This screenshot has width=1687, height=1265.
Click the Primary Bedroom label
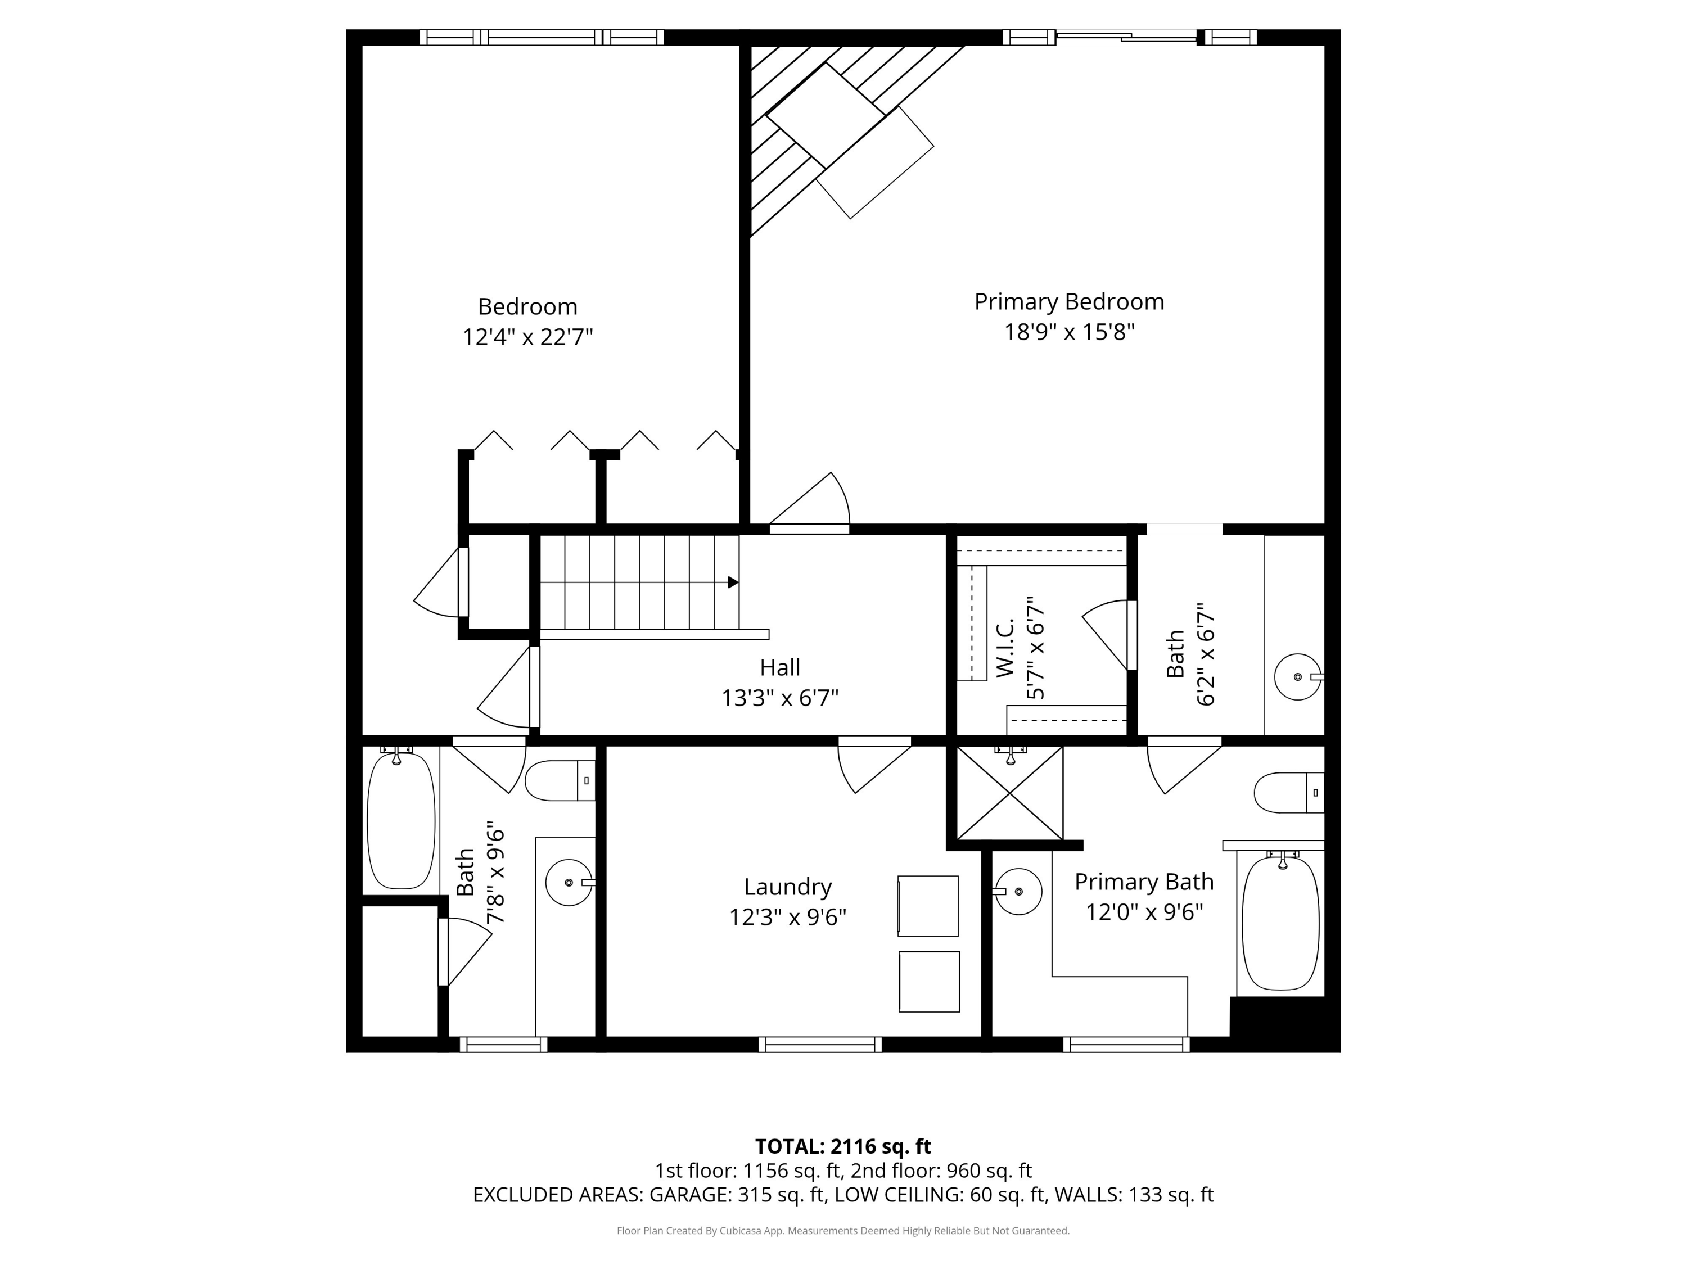pos(1068,302)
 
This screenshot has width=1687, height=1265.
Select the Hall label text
pos(779,668)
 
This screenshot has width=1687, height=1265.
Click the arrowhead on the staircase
pos(733,582)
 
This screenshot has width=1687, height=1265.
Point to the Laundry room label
pos(787,887)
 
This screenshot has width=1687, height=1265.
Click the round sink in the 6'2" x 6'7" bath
pos(1297,677)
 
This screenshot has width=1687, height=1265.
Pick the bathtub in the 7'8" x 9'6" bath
pos(401,821)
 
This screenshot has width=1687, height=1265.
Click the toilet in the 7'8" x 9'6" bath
pos(558,781)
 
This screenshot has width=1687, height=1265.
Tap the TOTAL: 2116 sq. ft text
pos(843,1146)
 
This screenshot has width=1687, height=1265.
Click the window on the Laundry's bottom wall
pos(820,1045)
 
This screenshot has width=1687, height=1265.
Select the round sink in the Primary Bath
pos(1018,891)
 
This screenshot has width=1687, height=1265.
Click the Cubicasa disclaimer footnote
pos(843,1230)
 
